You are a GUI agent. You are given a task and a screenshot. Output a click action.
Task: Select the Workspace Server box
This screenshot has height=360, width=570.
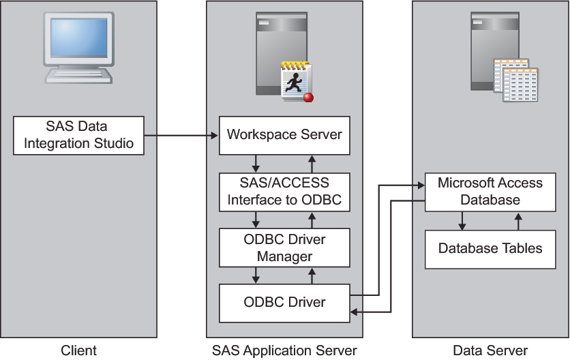284,134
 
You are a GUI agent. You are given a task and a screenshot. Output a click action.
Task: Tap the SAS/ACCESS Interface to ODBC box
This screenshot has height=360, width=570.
284,192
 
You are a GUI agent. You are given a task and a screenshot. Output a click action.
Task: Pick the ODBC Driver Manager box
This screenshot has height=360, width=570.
284,247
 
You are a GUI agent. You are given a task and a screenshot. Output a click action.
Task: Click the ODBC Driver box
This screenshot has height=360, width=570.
284,302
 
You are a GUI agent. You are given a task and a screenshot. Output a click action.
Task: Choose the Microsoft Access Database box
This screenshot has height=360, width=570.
490,192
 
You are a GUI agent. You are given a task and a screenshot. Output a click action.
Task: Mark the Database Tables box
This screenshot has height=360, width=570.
490,248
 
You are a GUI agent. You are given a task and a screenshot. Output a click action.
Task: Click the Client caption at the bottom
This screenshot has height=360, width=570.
79,350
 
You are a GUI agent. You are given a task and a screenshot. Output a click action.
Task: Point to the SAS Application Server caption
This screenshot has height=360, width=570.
284,350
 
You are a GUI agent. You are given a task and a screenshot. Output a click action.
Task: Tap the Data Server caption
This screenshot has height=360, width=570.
490,350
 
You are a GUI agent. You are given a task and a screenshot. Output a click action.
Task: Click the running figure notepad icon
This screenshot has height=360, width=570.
295,80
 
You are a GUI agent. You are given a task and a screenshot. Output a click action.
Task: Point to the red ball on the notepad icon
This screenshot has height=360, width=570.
308,97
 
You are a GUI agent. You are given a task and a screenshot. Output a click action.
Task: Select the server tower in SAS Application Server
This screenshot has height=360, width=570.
272,51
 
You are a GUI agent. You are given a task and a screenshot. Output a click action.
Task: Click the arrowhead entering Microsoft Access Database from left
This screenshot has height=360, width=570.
419,183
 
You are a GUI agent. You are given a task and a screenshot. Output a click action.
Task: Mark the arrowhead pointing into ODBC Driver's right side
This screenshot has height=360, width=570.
355,312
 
